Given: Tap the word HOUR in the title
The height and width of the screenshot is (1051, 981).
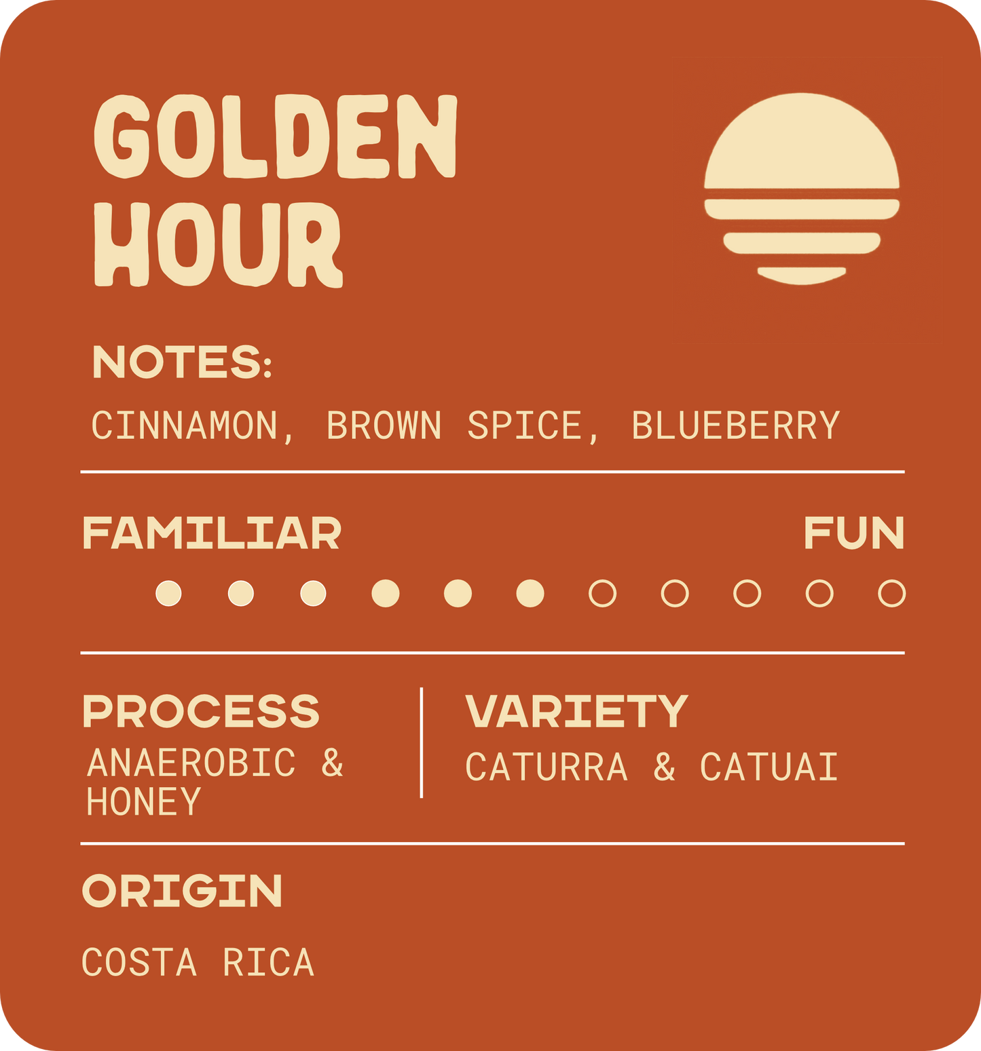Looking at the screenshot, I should [x=217, y=244].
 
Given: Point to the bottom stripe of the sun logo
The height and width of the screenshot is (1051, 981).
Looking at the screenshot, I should [x=802, y=274].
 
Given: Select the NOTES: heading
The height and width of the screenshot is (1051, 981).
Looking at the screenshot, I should [x=182, y=362].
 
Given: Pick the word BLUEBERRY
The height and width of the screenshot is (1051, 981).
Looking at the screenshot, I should [x=736, y=426].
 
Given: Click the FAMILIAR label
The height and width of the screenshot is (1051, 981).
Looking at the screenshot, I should [x=211, y=533].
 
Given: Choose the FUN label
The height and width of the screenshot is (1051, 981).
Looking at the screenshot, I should [x=853, y=533].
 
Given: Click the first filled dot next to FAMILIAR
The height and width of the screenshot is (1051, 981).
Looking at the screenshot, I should [x=168, y=593].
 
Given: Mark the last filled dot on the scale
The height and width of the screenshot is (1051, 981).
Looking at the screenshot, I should [x=530, y=593].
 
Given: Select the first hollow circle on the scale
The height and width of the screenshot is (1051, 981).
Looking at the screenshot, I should [x=602, y=593].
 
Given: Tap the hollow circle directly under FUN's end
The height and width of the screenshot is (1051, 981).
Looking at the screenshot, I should [x=891, y=593].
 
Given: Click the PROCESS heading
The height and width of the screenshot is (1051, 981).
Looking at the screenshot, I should [x=201, y=711].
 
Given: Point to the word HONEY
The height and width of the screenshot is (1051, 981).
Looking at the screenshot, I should [x=144, y=801].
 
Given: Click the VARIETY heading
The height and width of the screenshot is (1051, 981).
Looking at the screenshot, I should [x=576, y=711].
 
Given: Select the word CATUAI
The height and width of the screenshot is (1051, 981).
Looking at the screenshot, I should [x=769, y=767].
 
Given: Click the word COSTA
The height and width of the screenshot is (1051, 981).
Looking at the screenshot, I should [x=139, y=963].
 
